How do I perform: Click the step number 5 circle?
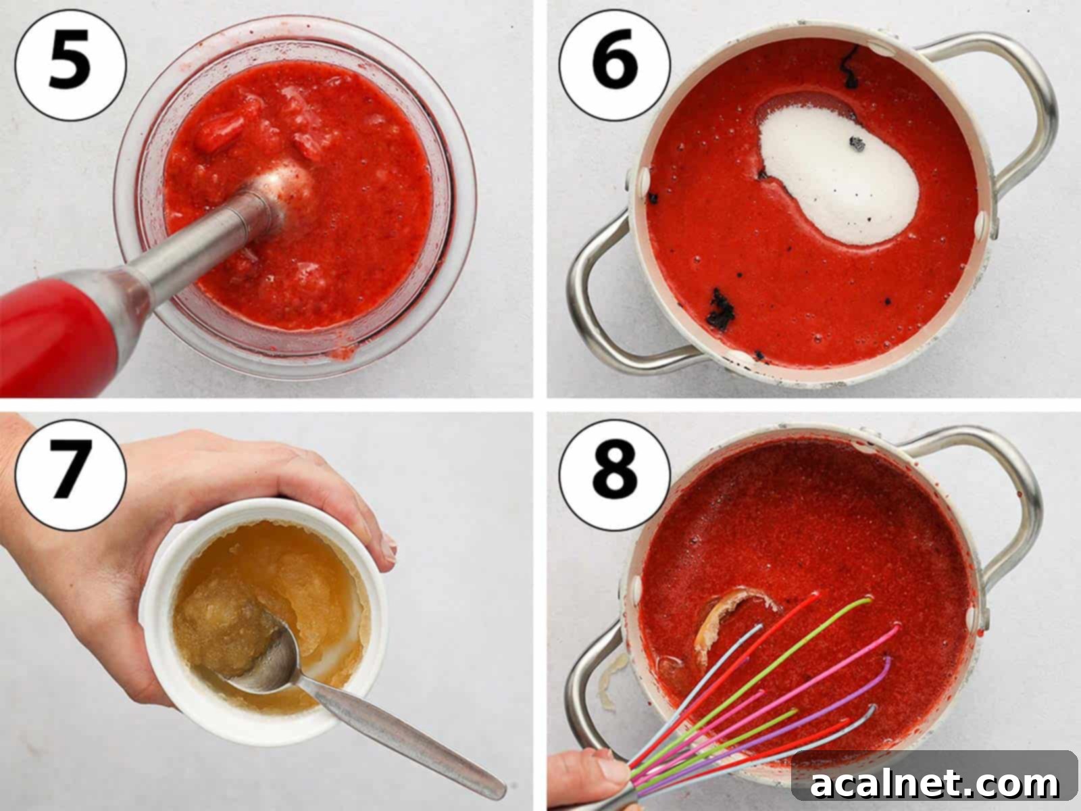[70, 65]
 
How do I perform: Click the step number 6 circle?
[615, 65]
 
